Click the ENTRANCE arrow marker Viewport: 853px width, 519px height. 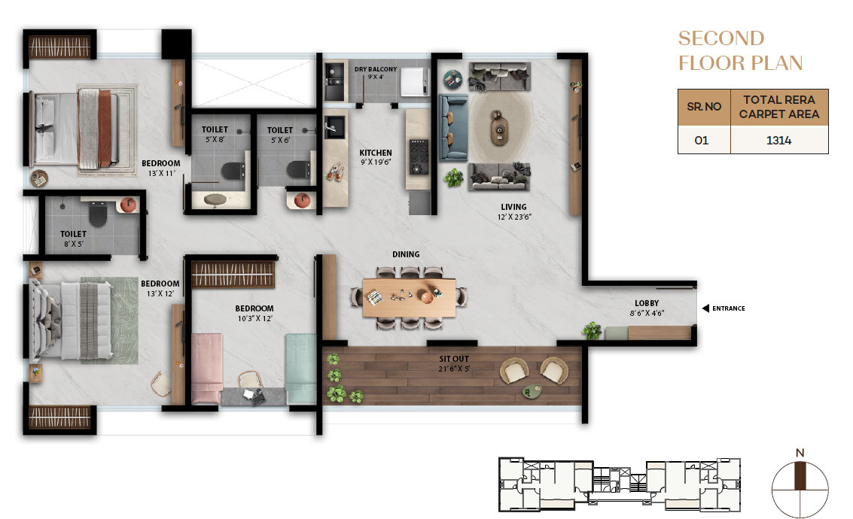tap(705, 308)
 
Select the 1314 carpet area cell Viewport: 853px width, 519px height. tap(779, 140)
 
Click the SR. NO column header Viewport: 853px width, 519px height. tap(704, 107)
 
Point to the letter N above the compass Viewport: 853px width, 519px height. tap(800, 453)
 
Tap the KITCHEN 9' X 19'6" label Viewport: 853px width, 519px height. tap(376, 157)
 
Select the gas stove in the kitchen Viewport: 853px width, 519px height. tap(419, 157)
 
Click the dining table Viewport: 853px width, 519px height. tap(409, 296)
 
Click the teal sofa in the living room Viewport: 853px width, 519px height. tap(453, 129)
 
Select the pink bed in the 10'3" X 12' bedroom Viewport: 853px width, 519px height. tap(207, 369)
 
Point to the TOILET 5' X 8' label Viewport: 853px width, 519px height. tap(215, 134)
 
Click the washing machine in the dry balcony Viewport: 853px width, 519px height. tap(415, 81)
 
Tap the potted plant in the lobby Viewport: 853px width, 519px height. tap(592, 329)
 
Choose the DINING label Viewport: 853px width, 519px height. tap(406, 254)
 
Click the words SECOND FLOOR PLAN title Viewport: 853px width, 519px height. tap(740, 50)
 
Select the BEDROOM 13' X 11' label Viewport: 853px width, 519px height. tap(161, 168)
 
